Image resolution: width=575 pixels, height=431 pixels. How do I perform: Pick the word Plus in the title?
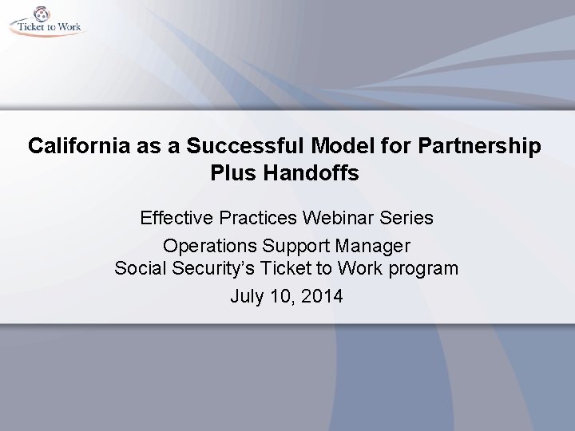(232, 173)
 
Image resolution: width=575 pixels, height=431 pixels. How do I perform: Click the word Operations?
(204, 245)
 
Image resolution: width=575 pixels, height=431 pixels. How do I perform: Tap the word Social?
(139, 269)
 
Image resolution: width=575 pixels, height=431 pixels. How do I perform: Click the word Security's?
(208, 269)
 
